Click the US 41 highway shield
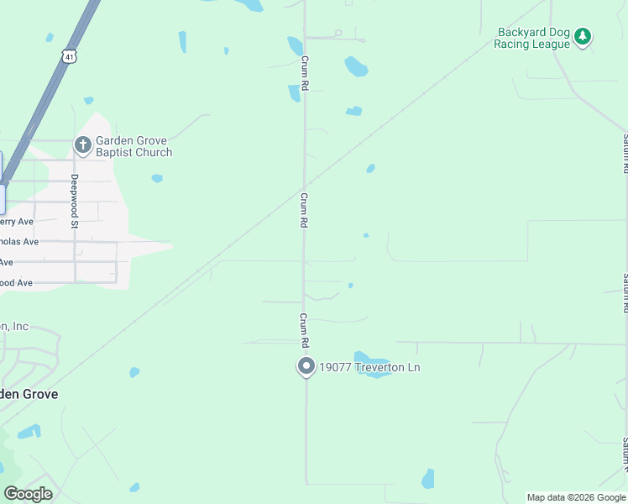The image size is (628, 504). tap(69, 55)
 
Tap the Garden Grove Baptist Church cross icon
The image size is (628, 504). tap(82, 145)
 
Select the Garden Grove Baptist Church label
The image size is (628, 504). tap(133, 146)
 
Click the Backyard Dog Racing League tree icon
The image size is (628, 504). tap(583, 37)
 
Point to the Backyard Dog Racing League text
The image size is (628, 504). tap(534, 39)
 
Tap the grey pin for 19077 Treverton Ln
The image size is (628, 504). tap(306, 367)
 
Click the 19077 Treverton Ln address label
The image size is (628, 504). tap(369, 367)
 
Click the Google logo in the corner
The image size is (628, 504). tap(29, 494)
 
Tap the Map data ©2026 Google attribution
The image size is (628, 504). tap(575, 497)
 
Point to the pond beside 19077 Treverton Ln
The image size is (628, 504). tap(370, 363)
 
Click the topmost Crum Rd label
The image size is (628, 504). tap(305, 74)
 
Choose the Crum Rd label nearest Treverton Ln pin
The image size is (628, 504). tap(304, 331)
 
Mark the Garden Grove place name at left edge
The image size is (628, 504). tap(29, 393)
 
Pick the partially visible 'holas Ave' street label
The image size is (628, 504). tap(18, 242)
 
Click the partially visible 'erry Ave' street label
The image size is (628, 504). tap(16, 222)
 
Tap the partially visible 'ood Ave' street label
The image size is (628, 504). tap(16, 283)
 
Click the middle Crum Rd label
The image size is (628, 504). tap(304, 210)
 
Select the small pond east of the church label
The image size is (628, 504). tap(157, 178)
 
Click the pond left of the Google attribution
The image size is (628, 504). tap(428, 479)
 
